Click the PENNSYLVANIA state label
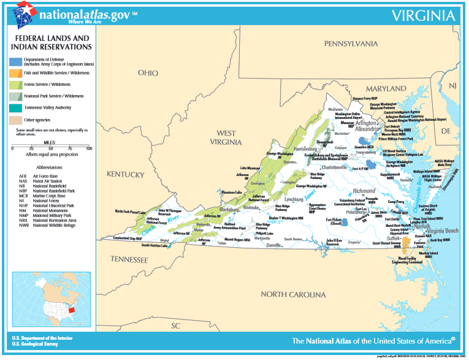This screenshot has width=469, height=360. point(351,44)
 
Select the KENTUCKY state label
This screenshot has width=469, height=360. point(124,174)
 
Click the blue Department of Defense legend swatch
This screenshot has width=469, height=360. point(16,61)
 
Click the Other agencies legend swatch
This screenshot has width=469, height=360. point(16,120)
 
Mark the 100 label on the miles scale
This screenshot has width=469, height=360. point(89,148)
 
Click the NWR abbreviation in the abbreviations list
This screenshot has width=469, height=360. point(23,225)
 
